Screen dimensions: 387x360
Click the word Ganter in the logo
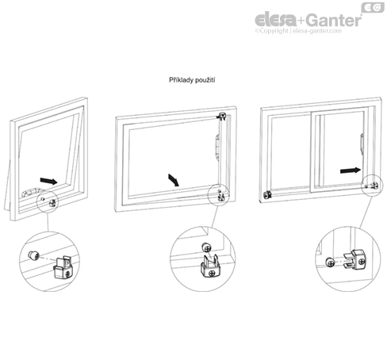pyautogui.click(x=334, y=20)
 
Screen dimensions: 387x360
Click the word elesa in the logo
pyautogui.click(x=276, y=20)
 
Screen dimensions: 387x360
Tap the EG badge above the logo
pyautogui.click(x=373, y=7)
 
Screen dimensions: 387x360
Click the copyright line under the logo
pyautogui.click(x=298, y=31)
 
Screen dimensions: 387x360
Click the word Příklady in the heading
pyautogui.click(x=180, y=80)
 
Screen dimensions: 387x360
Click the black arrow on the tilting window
pyautogui.click(x=48, y=181)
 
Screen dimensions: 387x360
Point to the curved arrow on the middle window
pyautogui.click(x=174, y=180)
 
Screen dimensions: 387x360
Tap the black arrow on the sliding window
pyautogui.click(x=351, y=170)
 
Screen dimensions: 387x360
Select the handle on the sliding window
pyautogui.click(x=362, y=144)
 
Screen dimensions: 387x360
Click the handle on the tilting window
pyautogui.click(x=30, y=192)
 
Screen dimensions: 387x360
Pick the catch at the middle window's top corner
pyautogui.click(x=222, y=116)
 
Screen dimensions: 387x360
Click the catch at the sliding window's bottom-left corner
pyautogui.click(x=267, y=195)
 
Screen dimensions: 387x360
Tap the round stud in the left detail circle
pyautogui.click(x=33, y=255)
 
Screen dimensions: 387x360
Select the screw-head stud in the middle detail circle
pyautogui.click(x=206, y=247)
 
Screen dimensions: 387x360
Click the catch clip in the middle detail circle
pyautogui.click(x=211, y=266)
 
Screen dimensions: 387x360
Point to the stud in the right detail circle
pyautogui.click(x=330, y=262)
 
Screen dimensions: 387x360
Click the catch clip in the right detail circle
pyautogui.click(x=354, y=260)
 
